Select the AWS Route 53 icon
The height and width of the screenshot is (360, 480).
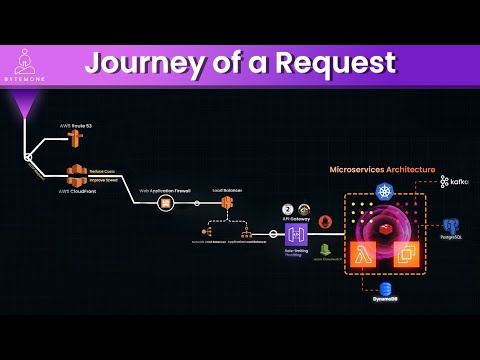[x=74, y=140]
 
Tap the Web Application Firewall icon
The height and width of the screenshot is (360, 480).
[x=166, y=204]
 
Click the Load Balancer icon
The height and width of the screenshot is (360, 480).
[x=227, y=204]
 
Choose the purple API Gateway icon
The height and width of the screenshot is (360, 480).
[x=296, y=234]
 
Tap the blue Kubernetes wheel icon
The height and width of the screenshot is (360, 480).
[x=385, y=190]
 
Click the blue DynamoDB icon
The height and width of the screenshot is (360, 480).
[x=386, y=289]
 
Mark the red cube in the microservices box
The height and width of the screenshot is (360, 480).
[x=384, y=228]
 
